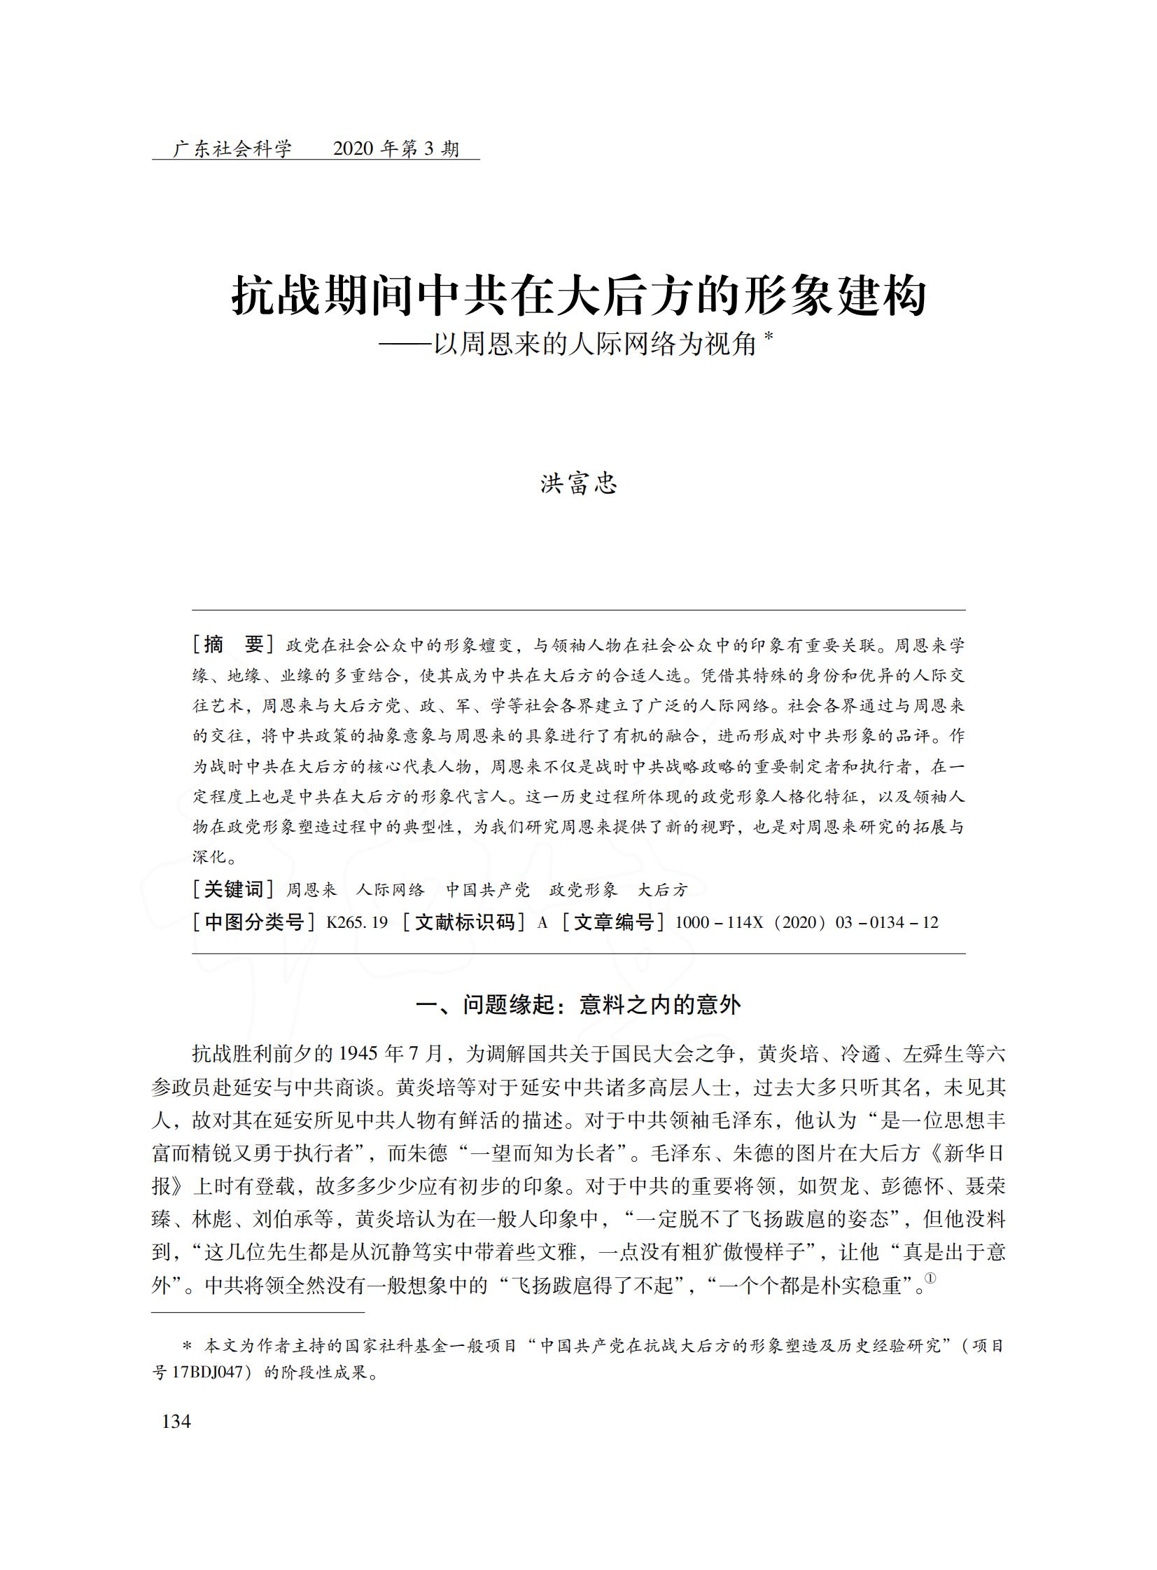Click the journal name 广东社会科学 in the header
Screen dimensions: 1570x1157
[232, 148]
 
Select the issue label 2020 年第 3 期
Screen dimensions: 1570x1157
[395, 148]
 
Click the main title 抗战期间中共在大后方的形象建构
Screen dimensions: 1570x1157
[578, 296]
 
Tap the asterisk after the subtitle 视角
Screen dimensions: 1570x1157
[769, 337]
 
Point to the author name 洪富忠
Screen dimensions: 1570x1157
[578, 484]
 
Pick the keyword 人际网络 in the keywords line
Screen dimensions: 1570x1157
[390, 890]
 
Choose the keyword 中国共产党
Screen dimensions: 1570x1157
[487, 890]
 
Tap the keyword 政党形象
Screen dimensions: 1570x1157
[584, 890]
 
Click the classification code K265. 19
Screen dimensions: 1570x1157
[357, 922]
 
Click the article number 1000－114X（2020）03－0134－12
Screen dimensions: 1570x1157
[806, 922]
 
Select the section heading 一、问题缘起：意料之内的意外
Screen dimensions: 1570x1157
[578, 1005]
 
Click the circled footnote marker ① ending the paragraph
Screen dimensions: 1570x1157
[931, 1278]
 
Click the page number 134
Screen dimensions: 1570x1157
[176, 1421]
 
